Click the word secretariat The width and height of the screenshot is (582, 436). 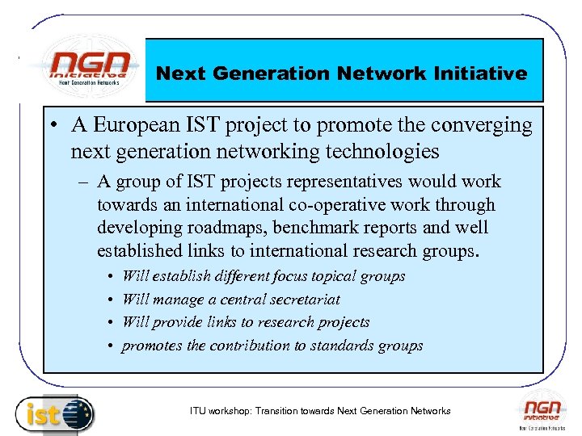point(298,299)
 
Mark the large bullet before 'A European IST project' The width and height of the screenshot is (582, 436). point(51,127)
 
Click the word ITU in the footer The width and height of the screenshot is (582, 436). point(197,411)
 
